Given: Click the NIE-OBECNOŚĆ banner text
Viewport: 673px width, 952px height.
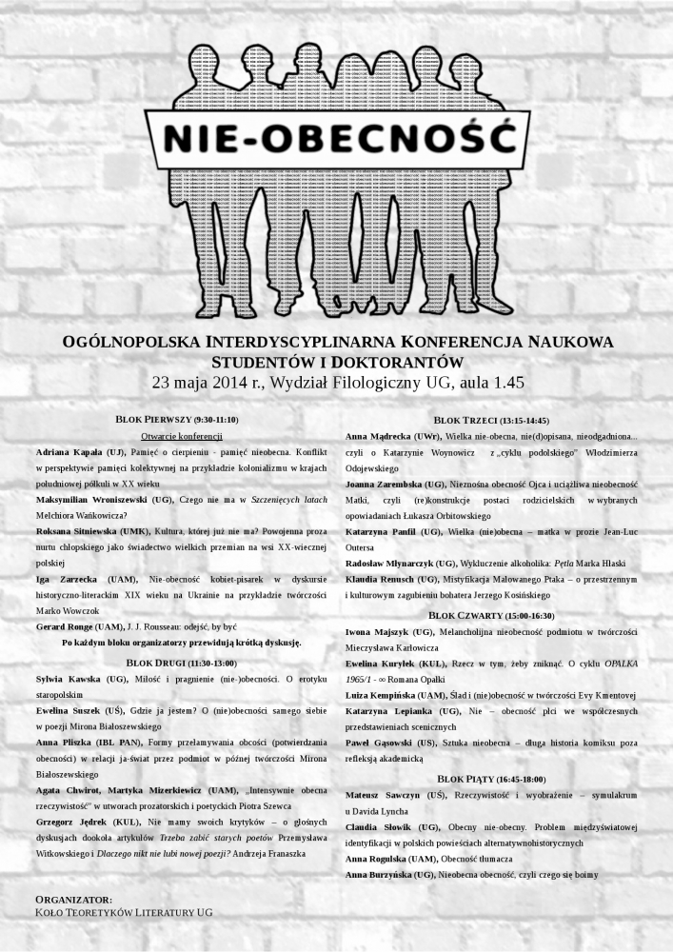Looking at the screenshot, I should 337,139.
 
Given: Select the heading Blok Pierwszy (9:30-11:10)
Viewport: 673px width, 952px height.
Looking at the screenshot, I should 176,420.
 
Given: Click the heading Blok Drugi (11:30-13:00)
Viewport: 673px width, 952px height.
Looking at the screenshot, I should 176,663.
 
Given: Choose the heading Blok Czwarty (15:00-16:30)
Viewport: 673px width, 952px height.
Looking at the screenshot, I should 490,616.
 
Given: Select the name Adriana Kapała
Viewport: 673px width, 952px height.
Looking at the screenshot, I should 69,450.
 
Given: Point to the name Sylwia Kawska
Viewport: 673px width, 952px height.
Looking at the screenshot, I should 68,679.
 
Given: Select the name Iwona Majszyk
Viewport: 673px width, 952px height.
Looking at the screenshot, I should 380,631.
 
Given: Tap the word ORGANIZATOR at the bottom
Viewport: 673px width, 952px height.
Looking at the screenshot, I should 73,899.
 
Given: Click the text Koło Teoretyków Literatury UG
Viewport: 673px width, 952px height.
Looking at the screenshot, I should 124,912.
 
